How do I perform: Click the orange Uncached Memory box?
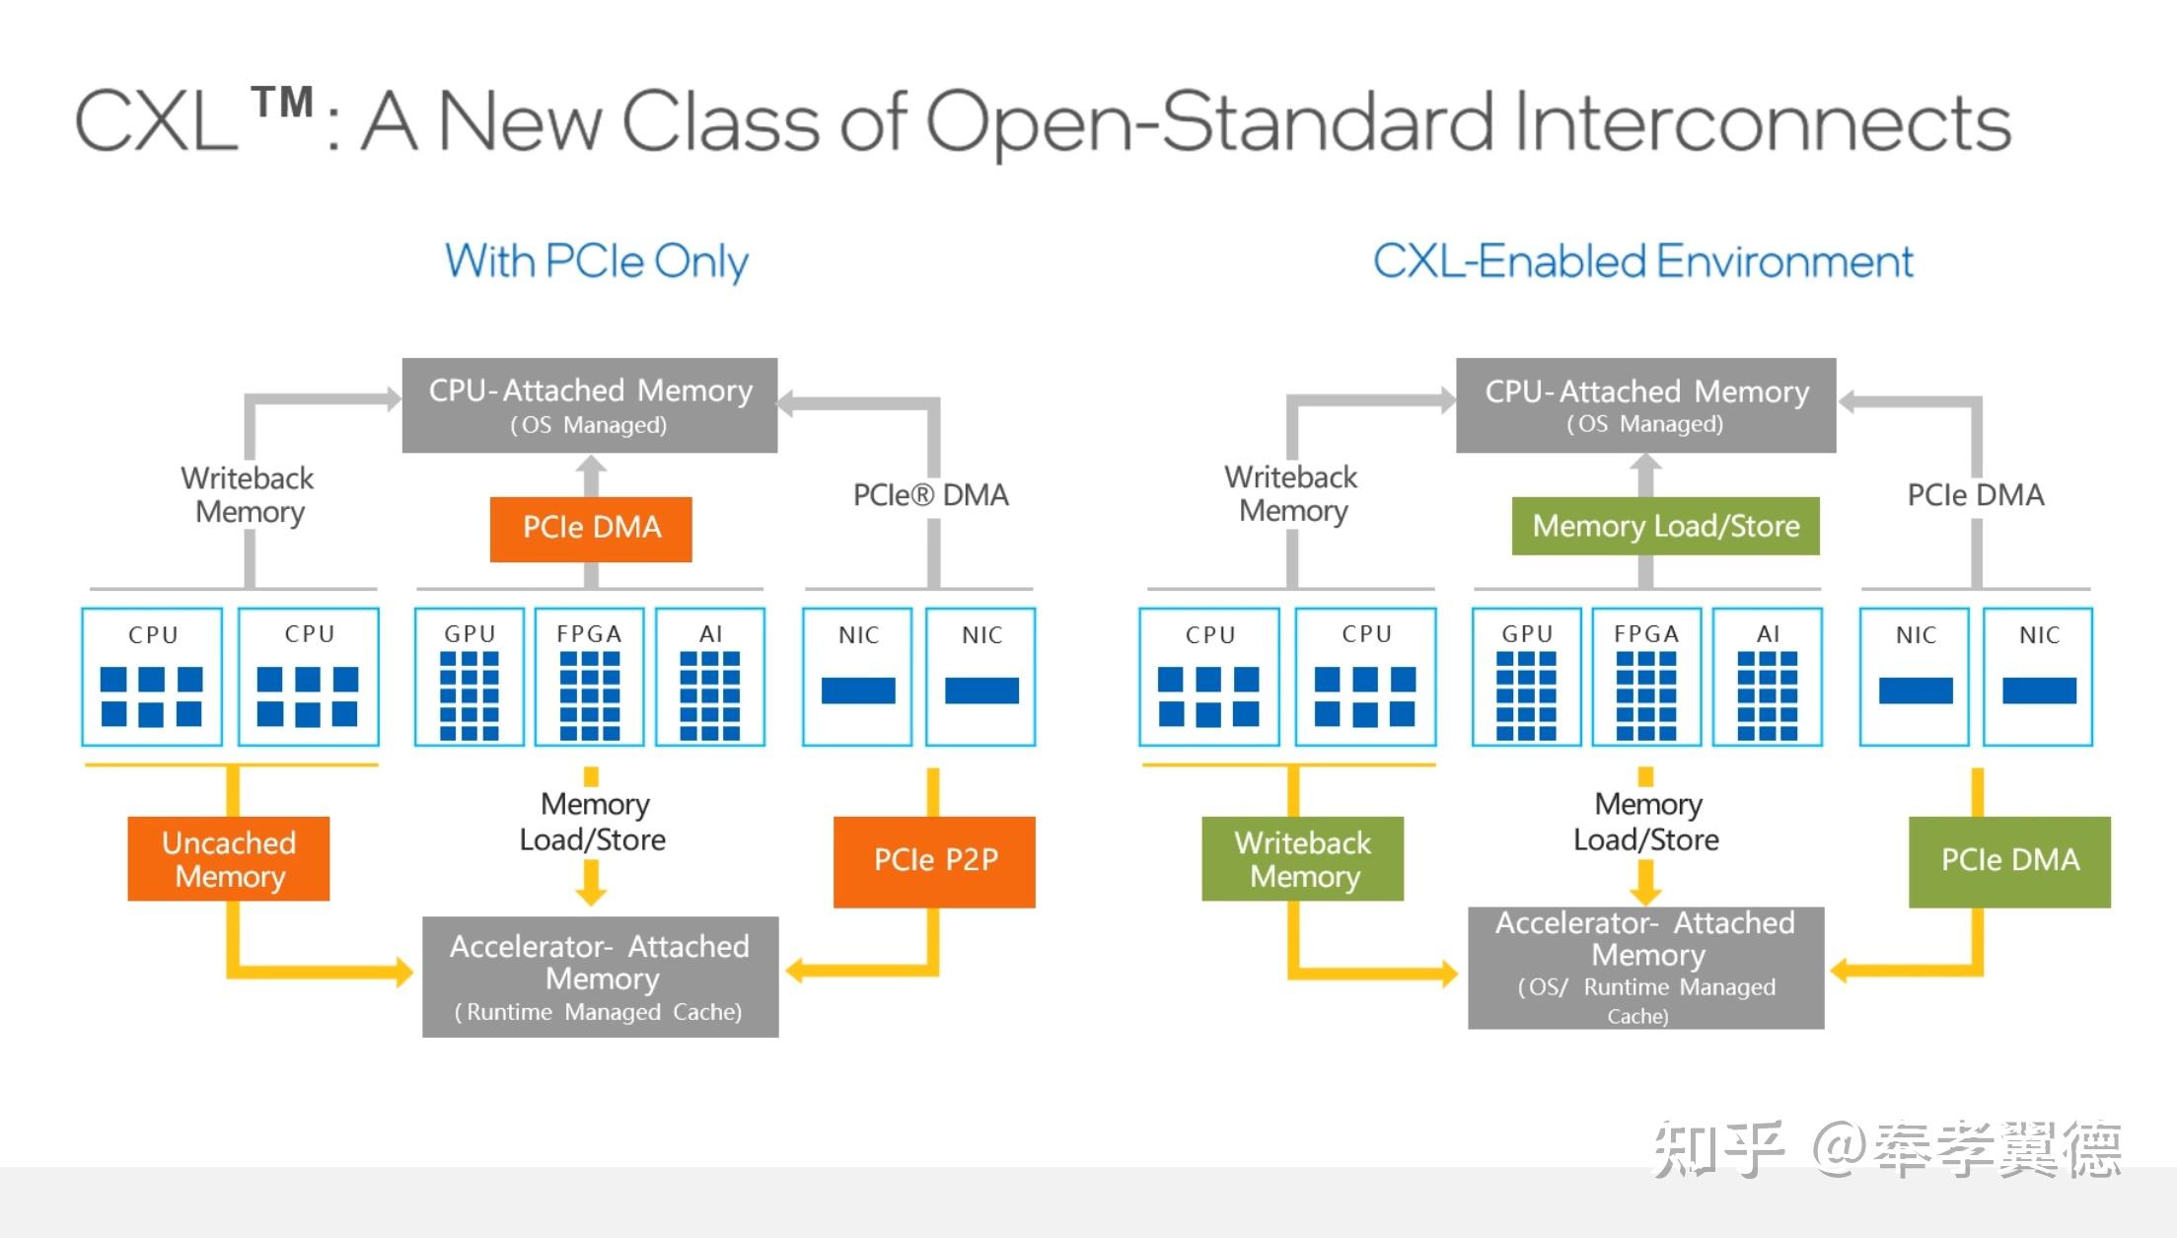pos(228,858)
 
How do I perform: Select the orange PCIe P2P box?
pos(934,861)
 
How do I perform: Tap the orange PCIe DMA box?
pos(591,529)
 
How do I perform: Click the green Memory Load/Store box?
pos(1666,526)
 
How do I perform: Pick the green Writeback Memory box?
pos(1302,858)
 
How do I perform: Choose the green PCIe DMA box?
pos(2009,861)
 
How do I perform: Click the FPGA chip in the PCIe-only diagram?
pos(590,677)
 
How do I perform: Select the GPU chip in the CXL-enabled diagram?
pos(1527,677)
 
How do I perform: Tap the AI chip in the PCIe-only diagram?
pos(710,677)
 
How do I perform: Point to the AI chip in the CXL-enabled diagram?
pos(1768,677)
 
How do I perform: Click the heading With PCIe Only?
pos(597,262)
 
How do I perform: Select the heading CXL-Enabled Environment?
pos(1643,261)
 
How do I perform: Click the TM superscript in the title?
pos(282,102)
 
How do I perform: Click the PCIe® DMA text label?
pos(930,495)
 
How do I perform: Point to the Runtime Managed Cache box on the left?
pos(600,977)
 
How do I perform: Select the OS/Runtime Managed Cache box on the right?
pos(1645,968)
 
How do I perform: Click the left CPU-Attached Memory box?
pos(590,405)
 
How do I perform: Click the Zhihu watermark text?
pos(1887,1149)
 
